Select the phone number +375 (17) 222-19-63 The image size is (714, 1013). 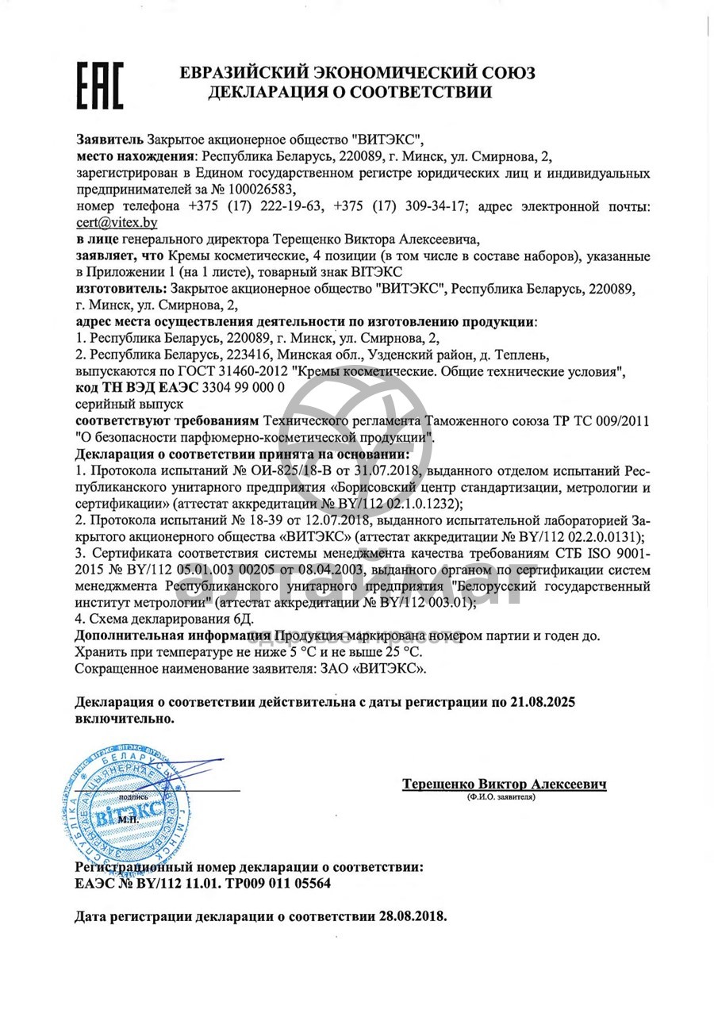(257, 206)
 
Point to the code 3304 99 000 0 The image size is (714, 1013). (244, 389)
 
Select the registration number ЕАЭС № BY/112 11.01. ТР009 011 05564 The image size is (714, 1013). (203, 883)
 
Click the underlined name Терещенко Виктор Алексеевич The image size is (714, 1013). (505, 784)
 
